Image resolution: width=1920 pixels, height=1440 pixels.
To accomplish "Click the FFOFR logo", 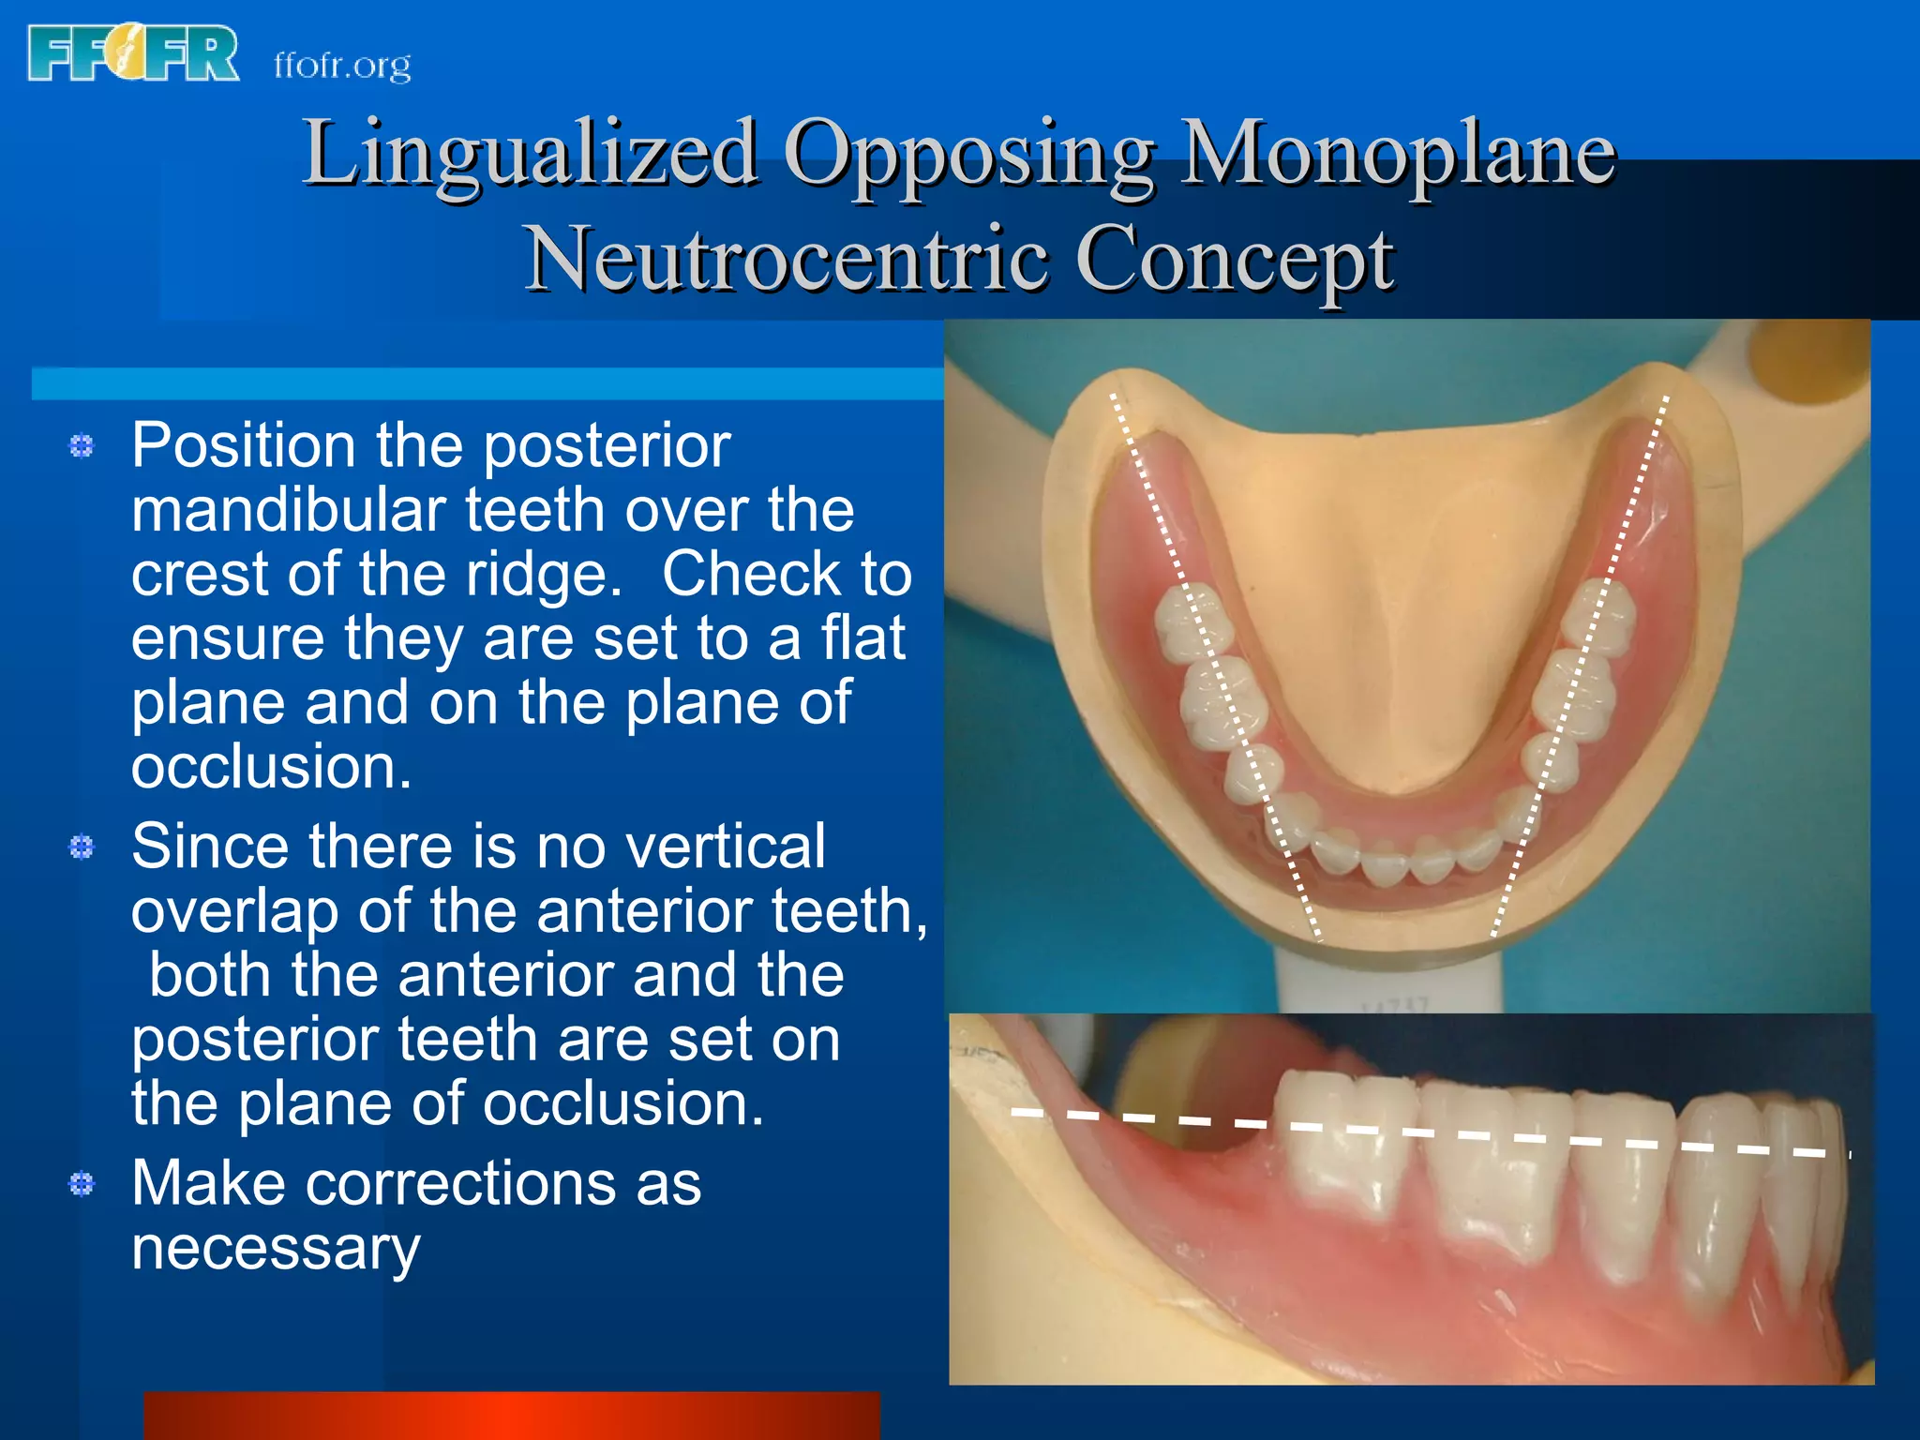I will [133, 54].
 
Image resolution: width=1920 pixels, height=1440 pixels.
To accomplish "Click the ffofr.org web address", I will [342, 66].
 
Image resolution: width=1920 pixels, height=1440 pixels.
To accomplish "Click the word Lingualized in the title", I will [530, 152].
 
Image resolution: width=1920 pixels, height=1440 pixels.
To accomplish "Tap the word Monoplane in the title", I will [1397, 152].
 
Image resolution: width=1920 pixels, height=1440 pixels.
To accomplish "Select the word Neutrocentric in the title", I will [786, 259].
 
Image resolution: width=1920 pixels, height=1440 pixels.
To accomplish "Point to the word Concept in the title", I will [1235, 259].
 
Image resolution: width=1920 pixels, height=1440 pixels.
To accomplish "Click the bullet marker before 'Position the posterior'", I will [82, 446].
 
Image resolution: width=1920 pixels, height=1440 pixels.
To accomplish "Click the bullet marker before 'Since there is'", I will [82, 847].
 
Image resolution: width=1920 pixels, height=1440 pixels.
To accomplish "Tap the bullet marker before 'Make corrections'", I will [82, 1184].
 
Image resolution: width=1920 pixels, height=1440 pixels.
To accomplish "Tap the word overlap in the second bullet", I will [234, 911].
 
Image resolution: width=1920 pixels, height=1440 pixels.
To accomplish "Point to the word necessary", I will [276, 1248].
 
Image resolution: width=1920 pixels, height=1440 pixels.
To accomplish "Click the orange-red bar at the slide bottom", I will [511, 1416].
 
